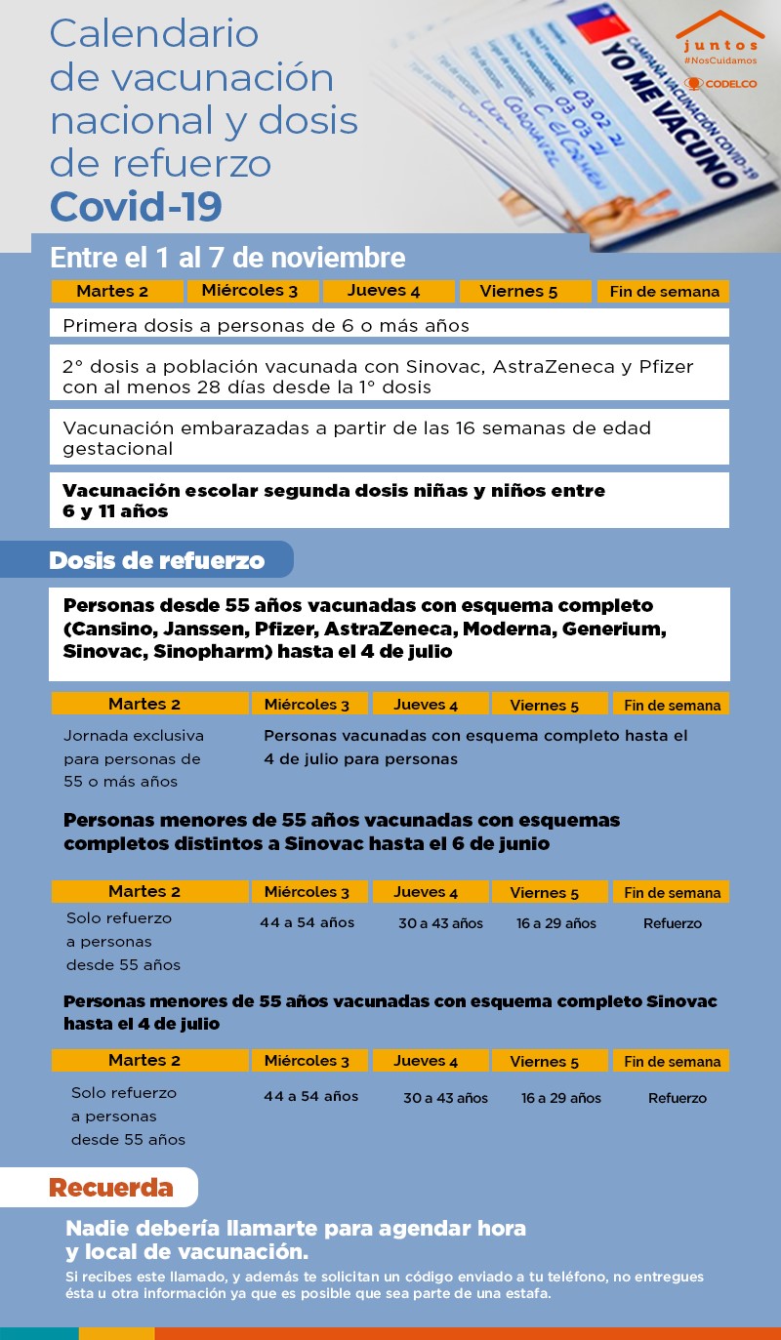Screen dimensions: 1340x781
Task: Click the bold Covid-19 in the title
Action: click(136, 207)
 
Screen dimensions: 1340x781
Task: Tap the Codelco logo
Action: click(721, 83)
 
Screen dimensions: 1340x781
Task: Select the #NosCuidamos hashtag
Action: click(720, 61)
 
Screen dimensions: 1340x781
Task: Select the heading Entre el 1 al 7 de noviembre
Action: click(227, 258)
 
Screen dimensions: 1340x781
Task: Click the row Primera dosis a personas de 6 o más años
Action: click(266, 325)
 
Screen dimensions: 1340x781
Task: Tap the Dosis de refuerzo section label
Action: click(156, 560)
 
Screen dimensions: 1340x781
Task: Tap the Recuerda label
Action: click(110, 1188)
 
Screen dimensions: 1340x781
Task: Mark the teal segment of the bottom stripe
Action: click(39, 1333)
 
